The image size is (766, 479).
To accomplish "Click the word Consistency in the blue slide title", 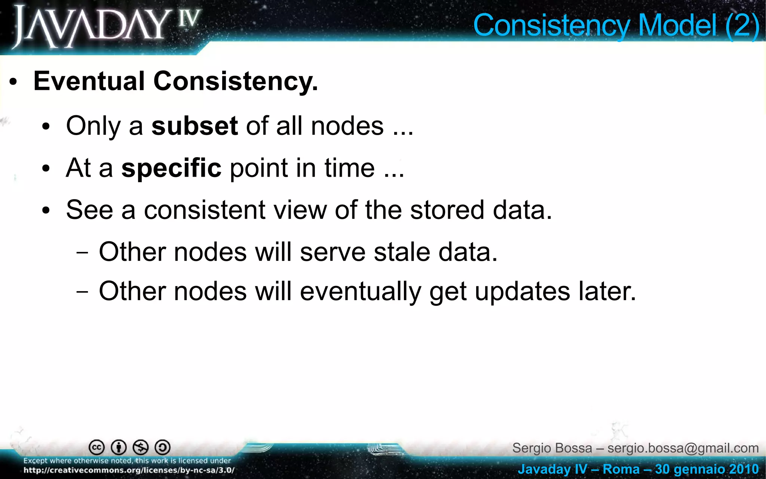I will tap(552, 25).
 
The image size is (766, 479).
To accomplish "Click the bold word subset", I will tap(194, 126).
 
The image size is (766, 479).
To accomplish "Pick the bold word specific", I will tap(171, 168).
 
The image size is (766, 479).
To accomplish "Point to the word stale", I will tap(402, 252).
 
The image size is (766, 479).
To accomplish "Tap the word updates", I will tap(522, 292).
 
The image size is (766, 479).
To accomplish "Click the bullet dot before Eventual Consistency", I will tap(13, 82).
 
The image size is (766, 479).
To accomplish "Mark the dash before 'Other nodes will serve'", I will tap(82, 253).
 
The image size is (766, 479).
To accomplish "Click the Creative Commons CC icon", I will tap(96, 447).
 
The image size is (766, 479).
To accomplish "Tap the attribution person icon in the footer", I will tap(119, 447).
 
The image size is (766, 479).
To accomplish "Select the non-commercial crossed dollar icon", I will tap(141, 447).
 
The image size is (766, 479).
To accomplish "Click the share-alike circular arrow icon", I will tap(163, 447).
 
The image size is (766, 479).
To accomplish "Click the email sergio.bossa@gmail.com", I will tap(683, 448).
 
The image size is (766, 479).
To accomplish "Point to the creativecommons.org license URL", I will tap(129, 470).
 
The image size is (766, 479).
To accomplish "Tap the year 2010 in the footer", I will tap(743, 469).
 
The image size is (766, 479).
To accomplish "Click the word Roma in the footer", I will tap(621, 469).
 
